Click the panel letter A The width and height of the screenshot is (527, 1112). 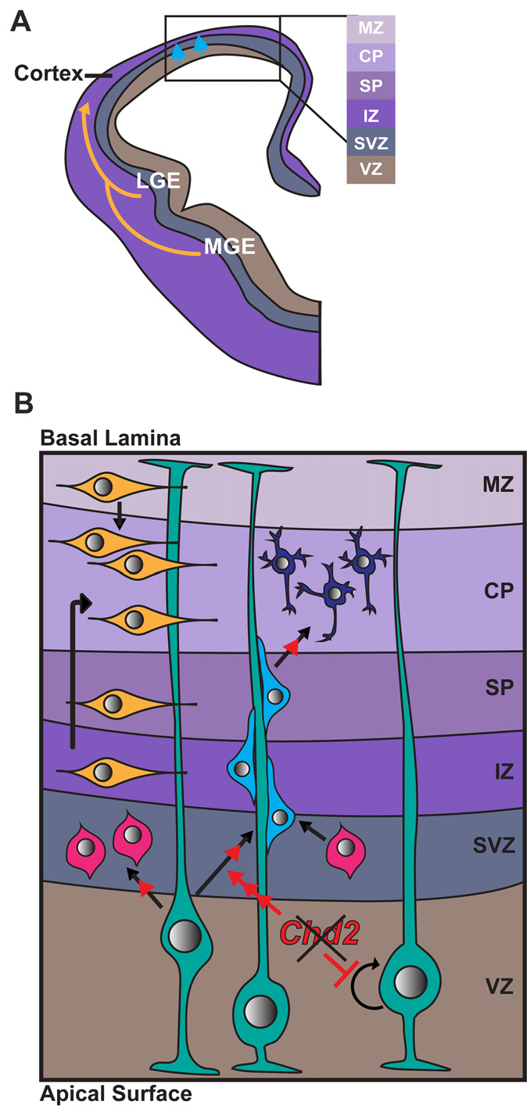tap(20, 21)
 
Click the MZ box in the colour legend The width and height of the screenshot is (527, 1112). tap(371, 29)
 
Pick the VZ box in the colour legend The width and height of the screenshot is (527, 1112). tap(371, 168)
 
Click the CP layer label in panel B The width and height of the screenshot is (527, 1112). tap(482, 590)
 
